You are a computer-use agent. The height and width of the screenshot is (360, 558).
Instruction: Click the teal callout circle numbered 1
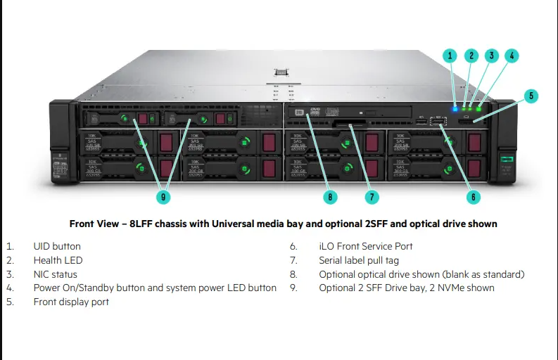coord(451,55)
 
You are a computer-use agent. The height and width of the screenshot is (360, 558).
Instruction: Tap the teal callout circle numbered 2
coord(471,55)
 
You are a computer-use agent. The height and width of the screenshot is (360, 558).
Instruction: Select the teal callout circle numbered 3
coord(492,55)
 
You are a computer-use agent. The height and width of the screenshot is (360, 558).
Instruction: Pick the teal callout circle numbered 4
coord(512,55)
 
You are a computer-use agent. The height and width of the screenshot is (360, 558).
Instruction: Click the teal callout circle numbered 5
coord(531,96)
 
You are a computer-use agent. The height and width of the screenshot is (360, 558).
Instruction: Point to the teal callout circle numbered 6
coord(474,197)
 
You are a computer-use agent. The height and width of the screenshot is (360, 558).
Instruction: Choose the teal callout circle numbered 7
coord(372,197)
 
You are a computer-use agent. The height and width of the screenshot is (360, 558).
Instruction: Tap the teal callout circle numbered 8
coord(331,197)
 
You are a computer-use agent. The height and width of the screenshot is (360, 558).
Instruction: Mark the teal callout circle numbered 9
coord(163,197)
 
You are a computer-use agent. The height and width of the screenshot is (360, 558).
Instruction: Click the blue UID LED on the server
coord(456,108)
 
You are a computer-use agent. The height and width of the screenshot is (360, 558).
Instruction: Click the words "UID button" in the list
coord(57,246)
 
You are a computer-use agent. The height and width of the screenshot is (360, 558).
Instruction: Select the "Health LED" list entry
coord(58,260)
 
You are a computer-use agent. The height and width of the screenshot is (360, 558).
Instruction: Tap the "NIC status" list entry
coord(56,274)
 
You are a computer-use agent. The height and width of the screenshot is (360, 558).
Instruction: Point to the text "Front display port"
coord(71,302)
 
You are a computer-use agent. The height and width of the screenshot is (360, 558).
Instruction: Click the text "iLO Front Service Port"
coord(366,246)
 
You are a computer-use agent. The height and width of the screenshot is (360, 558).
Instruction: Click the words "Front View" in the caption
coord(93,224)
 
